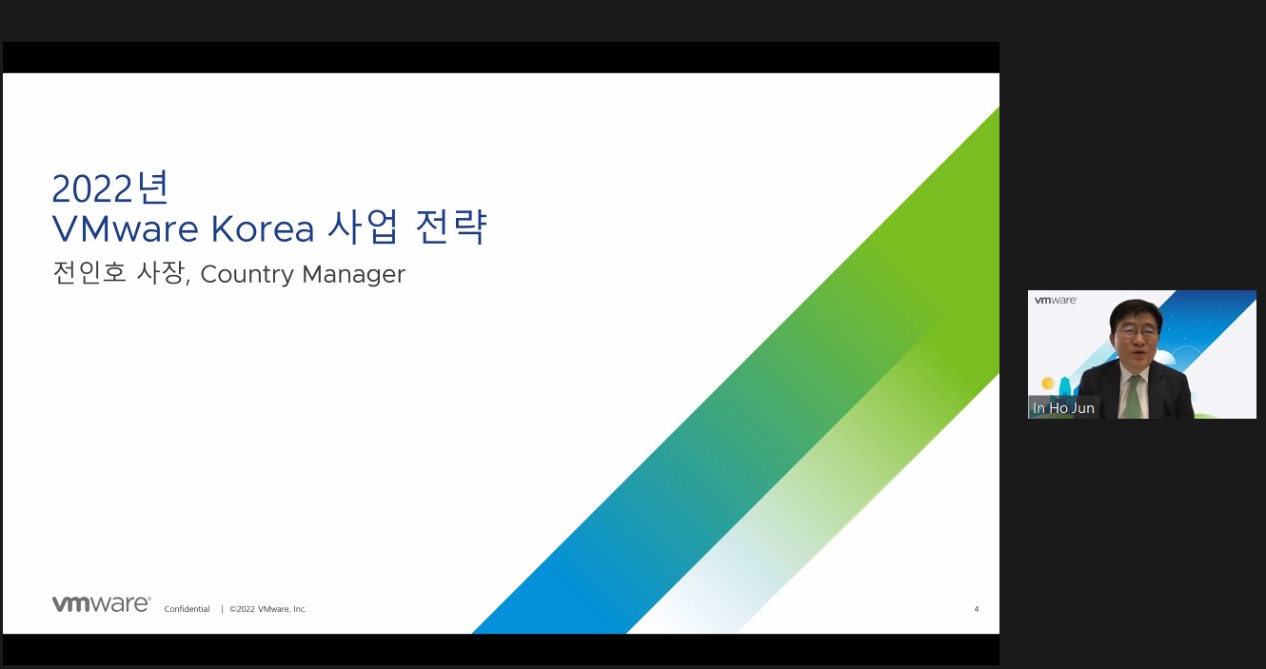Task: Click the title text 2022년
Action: pos(110,187)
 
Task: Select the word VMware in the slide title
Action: pos(125,228)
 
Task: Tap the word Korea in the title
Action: pos(263,228)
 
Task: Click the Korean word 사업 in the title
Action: pos(363,226)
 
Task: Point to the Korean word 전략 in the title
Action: pos(451,226)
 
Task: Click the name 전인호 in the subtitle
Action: pos(89,272)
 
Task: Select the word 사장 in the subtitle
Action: pos(162,272)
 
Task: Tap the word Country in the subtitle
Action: pos(247,275)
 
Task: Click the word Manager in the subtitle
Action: pos(354,275)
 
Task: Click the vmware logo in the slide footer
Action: pos(102,603)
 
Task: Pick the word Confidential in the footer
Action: pos(188,609)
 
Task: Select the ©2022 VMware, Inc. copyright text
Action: pos(267,609)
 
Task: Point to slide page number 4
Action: pos(977,609)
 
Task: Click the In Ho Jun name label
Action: pos(1063,408)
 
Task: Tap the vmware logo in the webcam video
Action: pos(1056,300)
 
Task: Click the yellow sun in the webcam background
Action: pos(1048,384)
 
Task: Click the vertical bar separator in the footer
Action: pos(222,609)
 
